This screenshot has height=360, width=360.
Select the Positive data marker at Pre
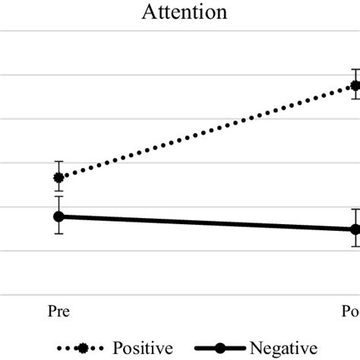point(58,178)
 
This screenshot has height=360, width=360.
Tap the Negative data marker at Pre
point(58,216)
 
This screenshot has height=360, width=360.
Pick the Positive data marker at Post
point(354,85)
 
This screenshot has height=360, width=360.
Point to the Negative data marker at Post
point(354,229)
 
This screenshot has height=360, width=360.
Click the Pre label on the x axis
point(58,311)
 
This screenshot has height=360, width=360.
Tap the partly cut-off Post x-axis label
point(350,311)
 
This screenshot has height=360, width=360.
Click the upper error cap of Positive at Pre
point(58,162)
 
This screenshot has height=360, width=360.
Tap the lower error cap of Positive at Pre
point(58,191)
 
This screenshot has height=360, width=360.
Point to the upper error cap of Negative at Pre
point(58,196)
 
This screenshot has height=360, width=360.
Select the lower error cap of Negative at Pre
point(58,233)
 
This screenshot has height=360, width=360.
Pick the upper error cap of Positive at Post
point(354,70)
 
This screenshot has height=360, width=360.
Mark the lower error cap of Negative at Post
point(354,247)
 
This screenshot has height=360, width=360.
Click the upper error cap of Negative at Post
point(354,209)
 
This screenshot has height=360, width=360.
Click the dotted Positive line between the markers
point(205,131)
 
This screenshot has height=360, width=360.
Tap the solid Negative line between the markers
point(205,223)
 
